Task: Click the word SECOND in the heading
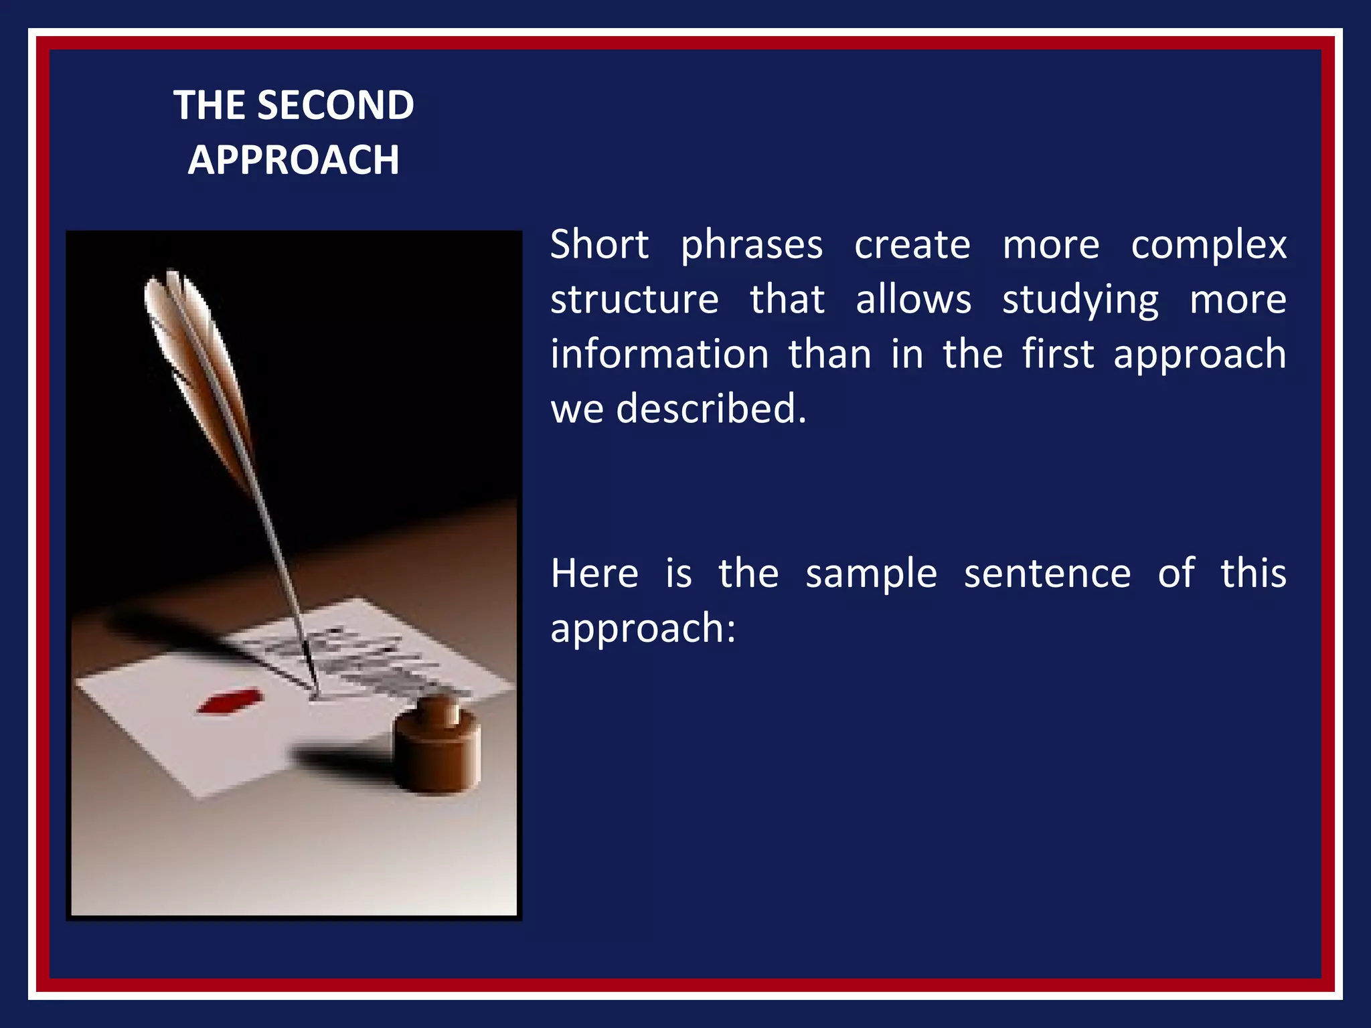point(335,106)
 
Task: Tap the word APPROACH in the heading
point(293,160)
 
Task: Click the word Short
point(599,244)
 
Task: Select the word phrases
point(751,246)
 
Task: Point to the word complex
point(1208,246)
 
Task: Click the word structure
point(635,299)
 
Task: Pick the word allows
point(913,299)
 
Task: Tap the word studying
point(1080,301)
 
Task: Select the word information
point(659,354)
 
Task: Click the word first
point(1058,354)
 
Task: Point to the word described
point(711,408)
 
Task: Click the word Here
point(594,574)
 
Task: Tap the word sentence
point(1047,574)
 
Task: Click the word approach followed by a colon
point(642,629)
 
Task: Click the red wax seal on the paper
point(230,701)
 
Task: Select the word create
point(912,244)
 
